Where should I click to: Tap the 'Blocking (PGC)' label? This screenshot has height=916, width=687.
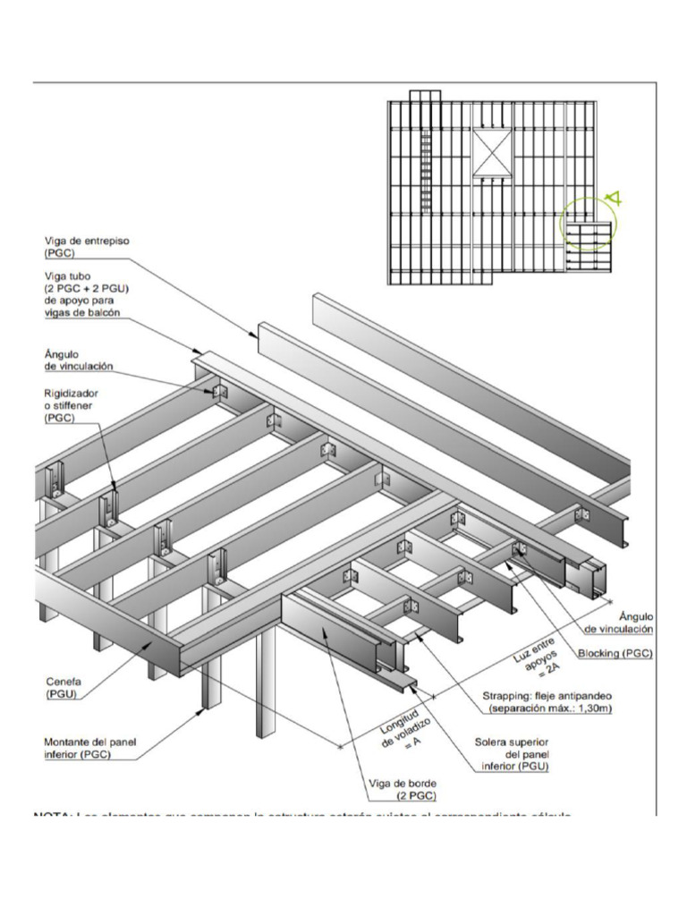coord(615,654)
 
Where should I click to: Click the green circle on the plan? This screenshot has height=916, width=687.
coord(585,225)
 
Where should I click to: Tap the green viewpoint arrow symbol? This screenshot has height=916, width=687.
coord(614,199)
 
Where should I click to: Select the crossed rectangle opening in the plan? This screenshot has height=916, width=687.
coord(490,153)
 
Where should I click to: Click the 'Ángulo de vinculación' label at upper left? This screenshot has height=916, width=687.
coord(79,361)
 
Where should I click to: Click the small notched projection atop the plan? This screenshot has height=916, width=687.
coord(425,96)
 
